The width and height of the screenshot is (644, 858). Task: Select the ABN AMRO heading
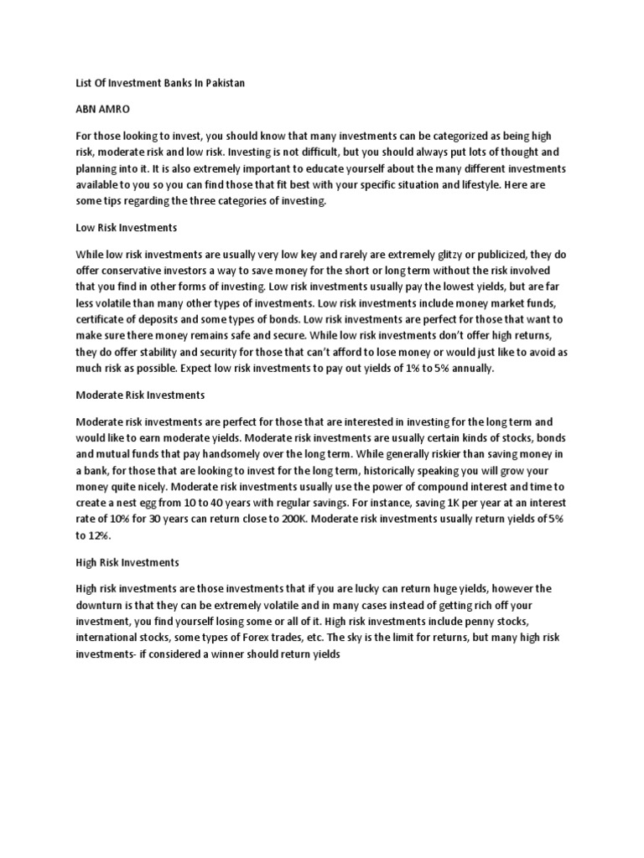104,110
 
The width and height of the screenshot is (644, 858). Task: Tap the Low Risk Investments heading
127,227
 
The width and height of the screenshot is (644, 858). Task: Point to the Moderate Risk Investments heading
140,395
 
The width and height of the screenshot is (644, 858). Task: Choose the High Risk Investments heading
127,562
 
